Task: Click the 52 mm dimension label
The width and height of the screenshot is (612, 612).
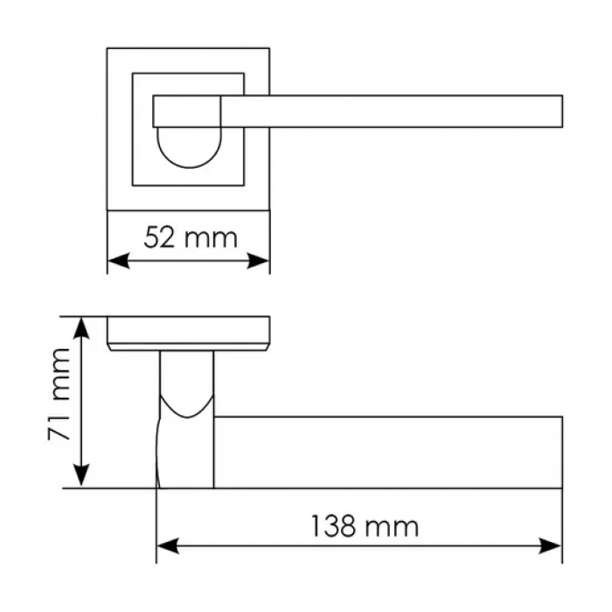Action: [191, 238]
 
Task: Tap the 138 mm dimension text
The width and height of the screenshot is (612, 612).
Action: [365, 527]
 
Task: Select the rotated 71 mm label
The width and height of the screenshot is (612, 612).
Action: [59, 394]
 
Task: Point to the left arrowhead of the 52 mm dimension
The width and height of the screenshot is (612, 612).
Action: [118, 261]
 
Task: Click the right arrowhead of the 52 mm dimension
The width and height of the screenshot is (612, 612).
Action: [258, 261]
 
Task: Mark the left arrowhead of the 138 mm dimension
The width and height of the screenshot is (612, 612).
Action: [168, 546]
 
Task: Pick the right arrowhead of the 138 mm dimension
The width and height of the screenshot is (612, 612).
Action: [550, 546]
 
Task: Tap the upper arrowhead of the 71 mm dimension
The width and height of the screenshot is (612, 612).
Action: [81, 329]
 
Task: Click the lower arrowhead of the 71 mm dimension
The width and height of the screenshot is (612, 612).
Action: [81, 476]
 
